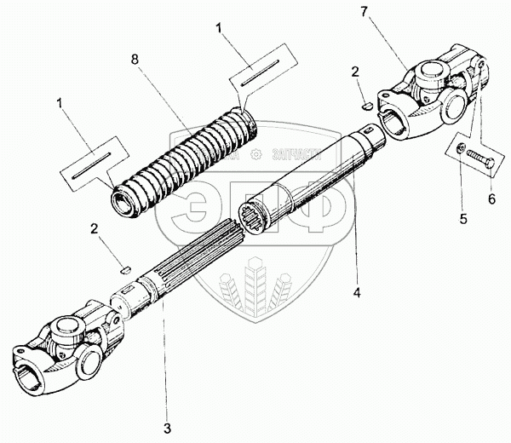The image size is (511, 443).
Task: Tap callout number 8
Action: (x=134, y=61)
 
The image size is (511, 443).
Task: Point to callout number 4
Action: (x=358, y=293)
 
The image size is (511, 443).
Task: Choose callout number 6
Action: (x=490, y=198)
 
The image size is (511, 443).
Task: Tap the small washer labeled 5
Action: (x=461, y=151)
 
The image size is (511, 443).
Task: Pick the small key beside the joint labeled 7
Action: (x=365, y=106)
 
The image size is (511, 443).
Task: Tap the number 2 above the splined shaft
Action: (x=96, y=231)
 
